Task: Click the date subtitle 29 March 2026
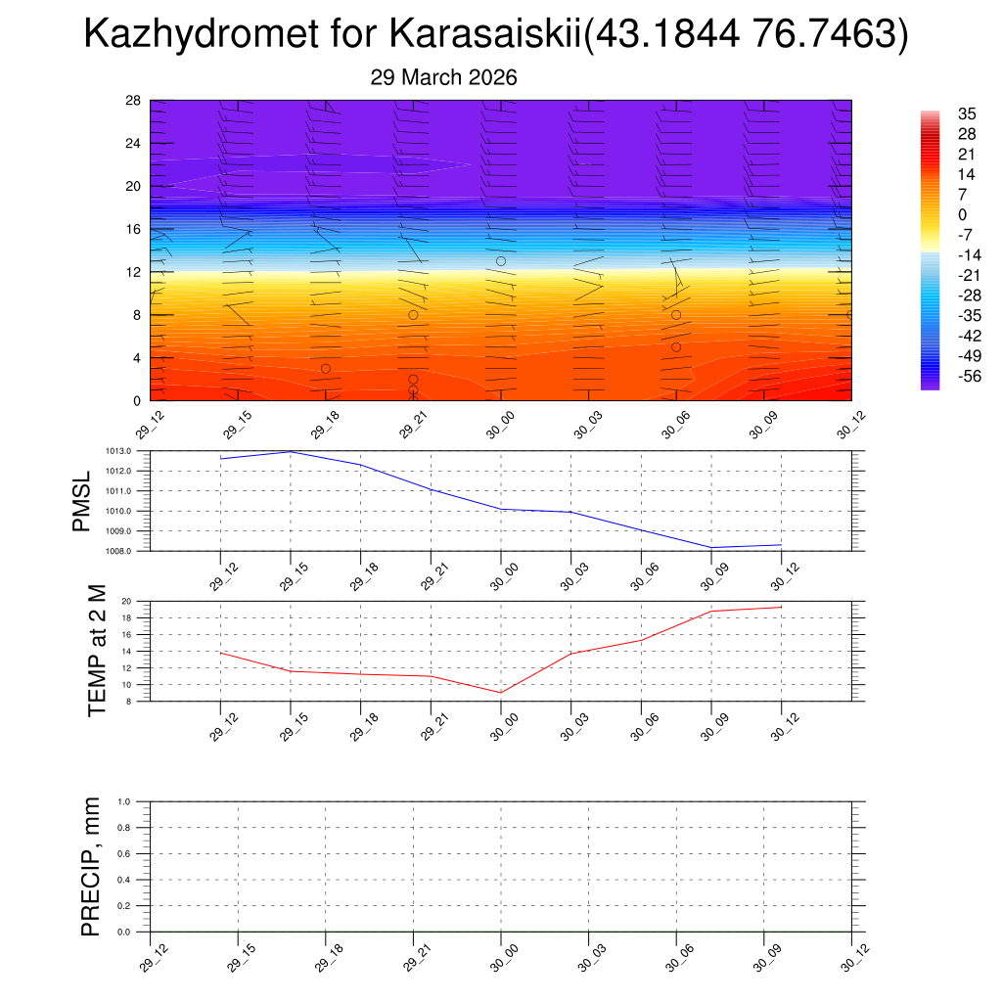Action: point(443,77)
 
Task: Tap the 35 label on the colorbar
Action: point(968,114)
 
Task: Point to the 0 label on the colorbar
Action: point(963,215)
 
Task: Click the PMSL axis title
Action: point(82,501)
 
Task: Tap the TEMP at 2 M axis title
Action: point(96,651)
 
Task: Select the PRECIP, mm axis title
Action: point(92,866)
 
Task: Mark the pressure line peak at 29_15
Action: point(291,451)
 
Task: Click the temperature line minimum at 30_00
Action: point(501,693)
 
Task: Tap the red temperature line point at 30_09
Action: point(711,611)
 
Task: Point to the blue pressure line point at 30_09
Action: point(711,547)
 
